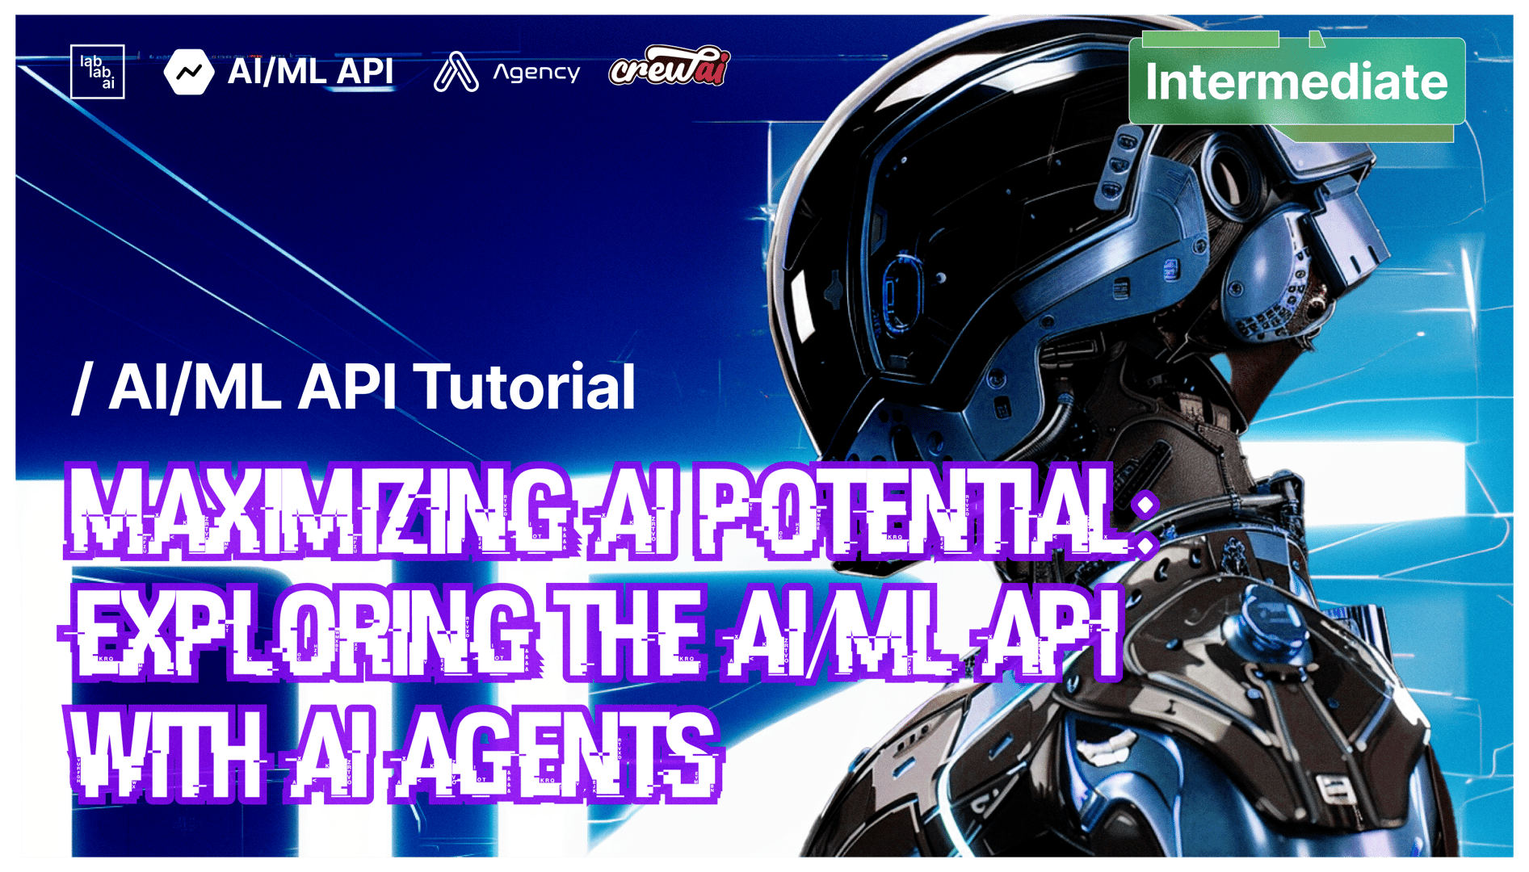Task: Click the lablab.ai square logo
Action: pos(98,72)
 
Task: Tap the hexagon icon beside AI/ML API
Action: pos(189,72)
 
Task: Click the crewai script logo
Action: pos(670,66)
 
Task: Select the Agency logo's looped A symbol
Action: pos(456,72)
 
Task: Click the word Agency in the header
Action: pos(537,73)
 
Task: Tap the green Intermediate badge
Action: pos(1297,82)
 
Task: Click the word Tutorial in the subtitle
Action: pos(525,387)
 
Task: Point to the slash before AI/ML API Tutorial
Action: pos(82,388)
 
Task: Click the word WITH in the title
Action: pos(166,755)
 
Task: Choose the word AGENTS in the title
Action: pos(557,755)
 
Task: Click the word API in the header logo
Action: pos(365,71)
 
